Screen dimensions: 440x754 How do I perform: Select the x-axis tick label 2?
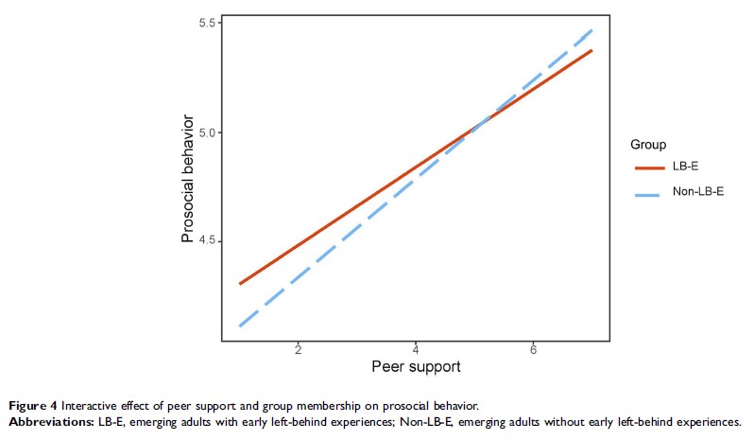299,349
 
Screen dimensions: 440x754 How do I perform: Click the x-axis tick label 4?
416,349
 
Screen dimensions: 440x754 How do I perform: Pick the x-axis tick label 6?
533,349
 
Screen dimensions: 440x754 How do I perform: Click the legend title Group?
649,145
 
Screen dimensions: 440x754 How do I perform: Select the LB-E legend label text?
686,167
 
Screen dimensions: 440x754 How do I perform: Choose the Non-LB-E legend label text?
697,193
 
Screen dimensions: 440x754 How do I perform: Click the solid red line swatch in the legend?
649,167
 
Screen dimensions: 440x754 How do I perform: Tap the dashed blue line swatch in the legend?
649,193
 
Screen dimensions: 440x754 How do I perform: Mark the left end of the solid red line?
240,284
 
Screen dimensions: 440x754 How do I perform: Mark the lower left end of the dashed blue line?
240,326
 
